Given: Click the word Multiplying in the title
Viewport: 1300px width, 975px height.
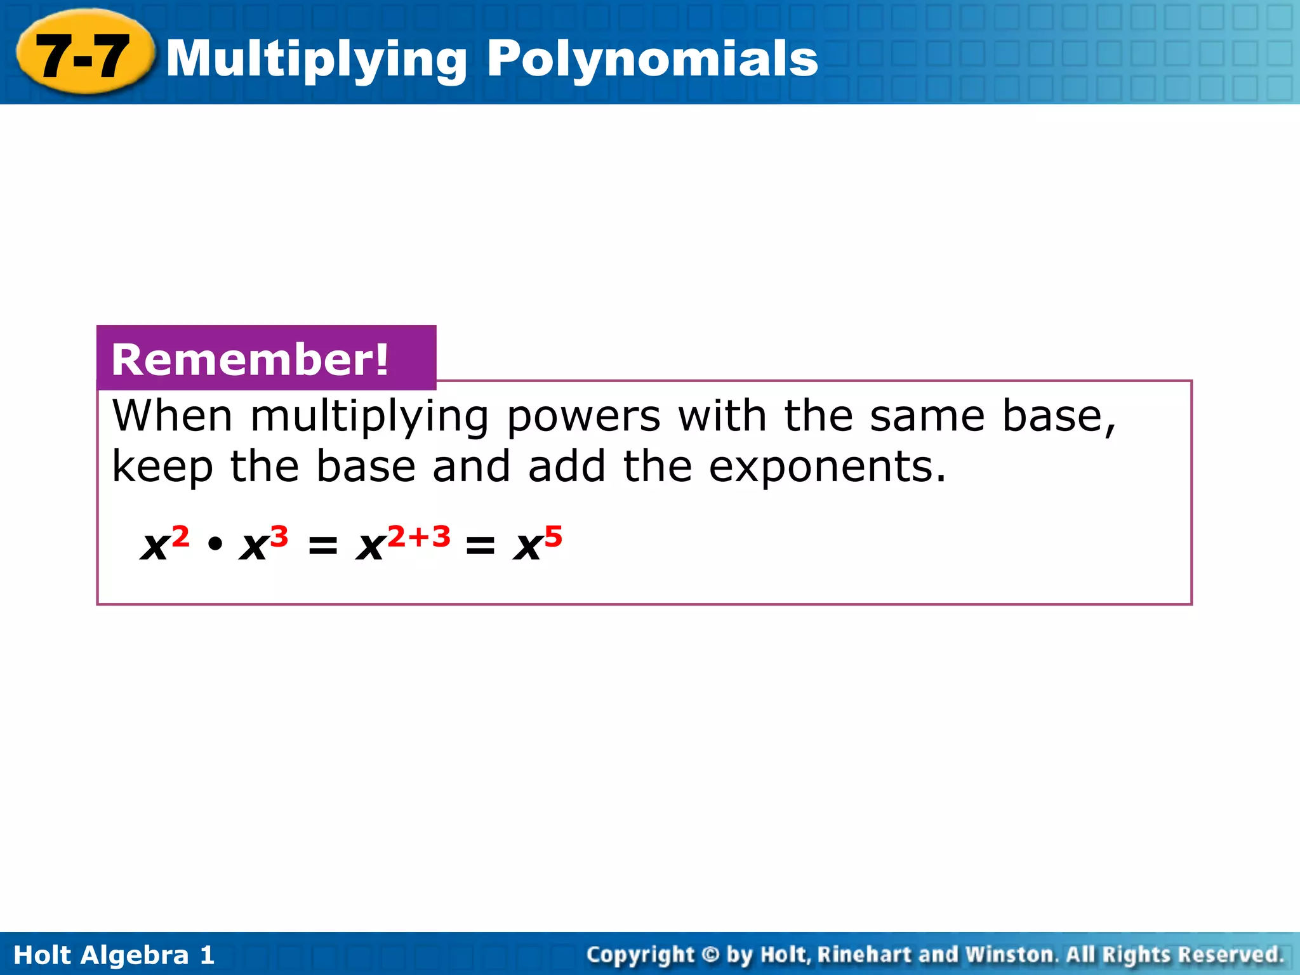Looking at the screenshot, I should (317, 59).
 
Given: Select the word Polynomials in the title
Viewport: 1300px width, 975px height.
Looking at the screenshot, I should (653, 58).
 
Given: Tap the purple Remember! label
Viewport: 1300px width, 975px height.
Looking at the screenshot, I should (250, 359).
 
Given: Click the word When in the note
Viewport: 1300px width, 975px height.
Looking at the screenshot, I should (173, 416).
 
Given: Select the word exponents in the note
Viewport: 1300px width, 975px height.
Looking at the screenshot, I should (826, 467).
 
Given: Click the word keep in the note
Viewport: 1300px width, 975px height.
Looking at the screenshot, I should (162, 467).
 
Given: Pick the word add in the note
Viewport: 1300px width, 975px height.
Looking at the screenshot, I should (567, 467).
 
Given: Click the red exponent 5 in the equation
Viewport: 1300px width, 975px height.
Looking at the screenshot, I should (553, 537).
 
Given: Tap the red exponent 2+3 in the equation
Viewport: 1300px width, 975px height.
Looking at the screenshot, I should (419, 537).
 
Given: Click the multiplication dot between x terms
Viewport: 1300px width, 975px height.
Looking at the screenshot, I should (215, 544).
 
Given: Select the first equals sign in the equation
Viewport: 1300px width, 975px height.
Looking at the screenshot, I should (322, 545).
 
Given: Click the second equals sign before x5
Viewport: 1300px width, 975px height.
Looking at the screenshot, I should (480, 545).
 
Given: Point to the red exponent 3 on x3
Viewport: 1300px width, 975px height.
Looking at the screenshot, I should (279, 537).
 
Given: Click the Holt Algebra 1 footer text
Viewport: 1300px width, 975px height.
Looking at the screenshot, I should (114, 955).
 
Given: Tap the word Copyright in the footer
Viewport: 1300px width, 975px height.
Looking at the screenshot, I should (640, 955).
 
